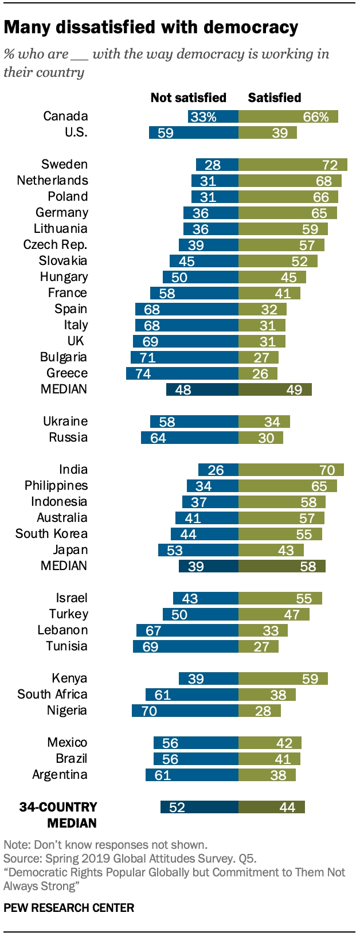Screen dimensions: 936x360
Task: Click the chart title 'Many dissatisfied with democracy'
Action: [x=151, y=28]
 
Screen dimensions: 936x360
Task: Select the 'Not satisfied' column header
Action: [x=188, y=97]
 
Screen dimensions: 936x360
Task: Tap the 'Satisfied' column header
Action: [x=274, y=97]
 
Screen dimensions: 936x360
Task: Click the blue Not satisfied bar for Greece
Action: [x=182, y=374]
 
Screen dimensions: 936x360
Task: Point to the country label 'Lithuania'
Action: [x=60, y=228]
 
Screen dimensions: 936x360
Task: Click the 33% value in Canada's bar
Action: [x=204, y=117]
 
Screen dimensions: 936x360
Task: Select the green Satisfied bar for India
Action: [x=291, y=470]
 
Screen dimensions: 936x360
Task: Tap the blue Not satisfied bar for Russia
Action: [x=189, y=438]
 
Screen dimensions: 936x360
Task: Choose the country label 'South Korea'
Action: [x=52, y=533]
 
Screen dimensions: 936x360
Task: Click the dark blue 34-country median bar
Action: [x=199, y=808]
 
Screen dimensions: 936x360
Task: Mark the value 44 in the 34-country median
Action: [x=287, y=808]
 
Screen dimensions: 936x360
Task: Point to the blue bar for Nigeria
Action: [x=185, y=711]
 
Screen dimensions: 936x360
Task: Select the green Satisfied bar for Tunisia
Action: [x=258, y=647]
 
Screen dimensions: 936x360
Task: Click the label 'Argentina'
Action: [x=60, y=775]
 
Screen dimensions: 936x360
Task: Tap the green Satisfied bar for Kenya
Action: [x=283, y=679]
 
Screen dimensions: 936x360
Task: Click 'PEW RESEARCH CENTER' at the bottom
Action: [x=69, y=908]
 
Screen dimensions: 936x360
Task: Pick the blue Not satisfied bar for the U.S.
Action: [x=193, y=133]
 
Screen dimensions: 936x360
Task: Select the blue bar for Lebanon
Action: [x=187, y=631]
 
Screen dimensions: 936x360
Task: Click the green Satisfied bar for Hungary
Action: [x=272, y=278]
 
